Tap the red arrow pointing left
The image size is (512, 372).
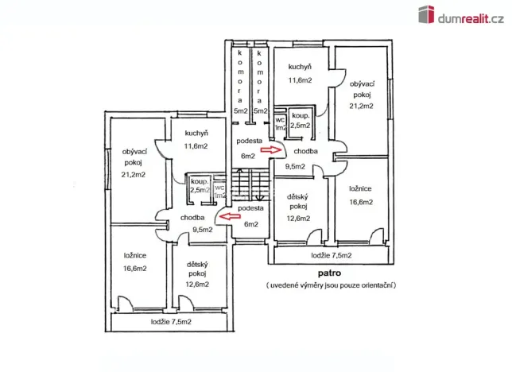pos(229,214)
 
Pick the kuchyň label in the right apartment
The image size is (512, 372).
pos(300,67)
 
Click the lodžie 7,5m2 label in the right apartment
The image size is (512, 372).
pos(332,255)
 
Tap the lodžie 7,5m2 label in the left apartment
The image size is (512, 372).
pos(171,322)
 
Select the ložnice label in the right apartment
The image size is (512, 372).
pos(361,189)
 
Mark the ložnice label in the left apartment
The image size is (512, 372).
pos(134,256)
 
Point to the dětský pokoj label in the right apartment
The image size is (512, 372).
pos(299,202)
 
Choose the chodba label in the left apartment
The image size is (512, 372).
pos(193,217)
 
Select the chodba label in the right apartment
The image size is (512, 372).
pos(306,150)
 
